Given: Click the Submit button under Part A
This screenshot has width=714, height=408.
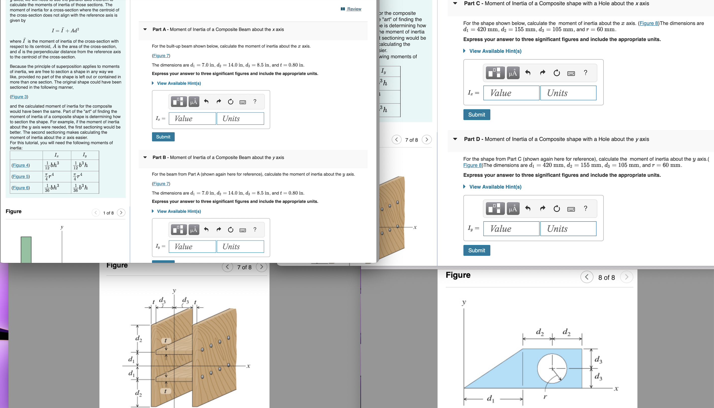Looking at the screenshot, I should [163, 137].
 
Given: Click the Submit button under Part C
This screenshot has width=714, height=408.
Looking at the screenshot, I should [477, 115].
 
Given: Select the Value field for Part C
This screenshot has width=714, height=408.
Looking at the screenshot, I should [511, 93].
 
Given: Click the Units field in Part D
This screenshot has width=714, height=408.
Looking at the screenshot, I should [568, 229].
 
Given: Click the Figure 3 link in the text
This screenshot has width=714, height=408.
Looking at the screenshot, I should [19, 97].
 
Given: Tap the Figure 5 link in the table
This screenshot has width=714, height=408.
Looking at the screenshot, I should [21, 176].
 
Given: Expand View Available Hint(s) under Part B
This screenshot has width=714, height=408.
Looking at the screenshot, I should [178, 211].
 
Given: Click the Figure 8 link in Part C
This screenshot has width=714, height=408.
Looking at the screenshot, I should [648, 23].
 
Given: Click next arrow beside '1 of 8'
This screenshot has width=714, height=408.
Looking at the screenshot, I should [121, 213].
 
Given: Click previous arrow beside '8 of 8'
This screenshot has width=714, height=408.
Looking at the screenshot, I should [586, 277].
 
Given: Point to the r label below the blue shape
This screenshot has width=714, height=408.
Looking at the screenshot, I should [545, 397].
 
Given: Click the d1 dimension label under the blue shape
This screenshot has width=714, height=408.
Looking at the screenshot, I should [490, 398].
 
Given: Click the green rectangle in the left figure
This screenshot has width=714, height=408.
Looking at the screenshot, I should [26, 249].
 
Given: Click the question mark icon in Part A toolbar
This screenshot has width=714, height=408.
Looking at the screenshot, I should [255, 101].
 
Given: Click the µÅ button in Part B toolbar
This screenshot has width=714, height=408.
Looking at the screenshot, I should [193, 230].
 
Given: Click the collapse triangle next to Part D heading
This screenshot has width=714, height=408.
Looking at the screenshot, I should [455, 139].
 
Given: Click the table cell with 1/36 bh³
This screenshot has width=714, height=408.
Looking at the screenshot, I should [56, 188].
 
